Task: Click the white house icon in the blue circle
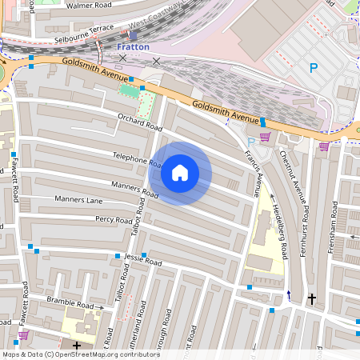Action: (x=180, y=173)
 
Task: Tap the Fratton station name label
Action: (x=133, y=47)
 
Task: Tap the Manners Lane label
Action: (x=78, y=198)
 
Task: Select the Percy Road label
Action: (x=114, y=219)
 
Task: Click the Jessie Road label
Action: (x=144, y=262)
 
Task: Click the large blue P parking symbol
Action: (x=313, y=69)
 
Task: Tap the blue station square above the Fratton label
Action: (x=132, y=35)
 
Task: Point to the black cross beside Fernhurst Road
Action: (x=312, y=298)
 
